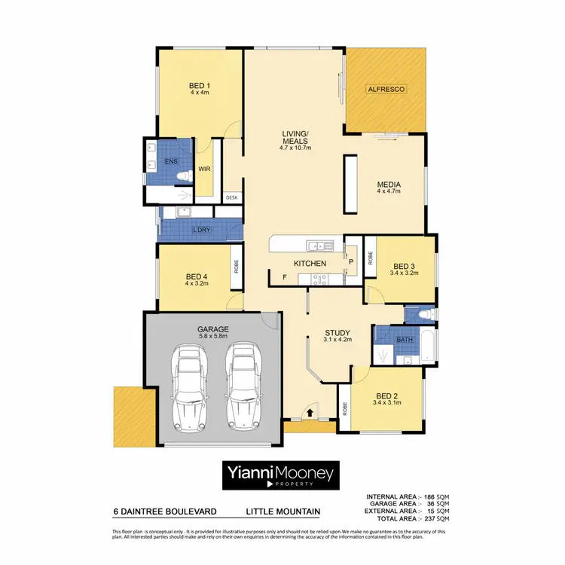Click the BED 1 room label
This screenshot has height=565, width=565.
point(199,85)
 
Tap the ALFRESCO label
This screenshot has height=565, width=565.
point(386,90)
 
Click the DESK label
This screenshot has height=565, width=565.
point(231,197)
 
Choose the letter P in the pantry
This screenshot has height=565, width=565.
point(351,261)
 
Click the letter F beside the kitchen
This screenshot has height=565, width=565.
point(284,278)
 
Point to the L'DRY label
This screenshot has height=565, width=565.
point(201,229)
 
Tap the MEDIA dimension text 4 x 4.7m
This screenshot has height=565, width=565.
point(389,192)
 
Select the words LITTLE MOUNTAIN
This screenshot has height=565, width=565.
point(282,512)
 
